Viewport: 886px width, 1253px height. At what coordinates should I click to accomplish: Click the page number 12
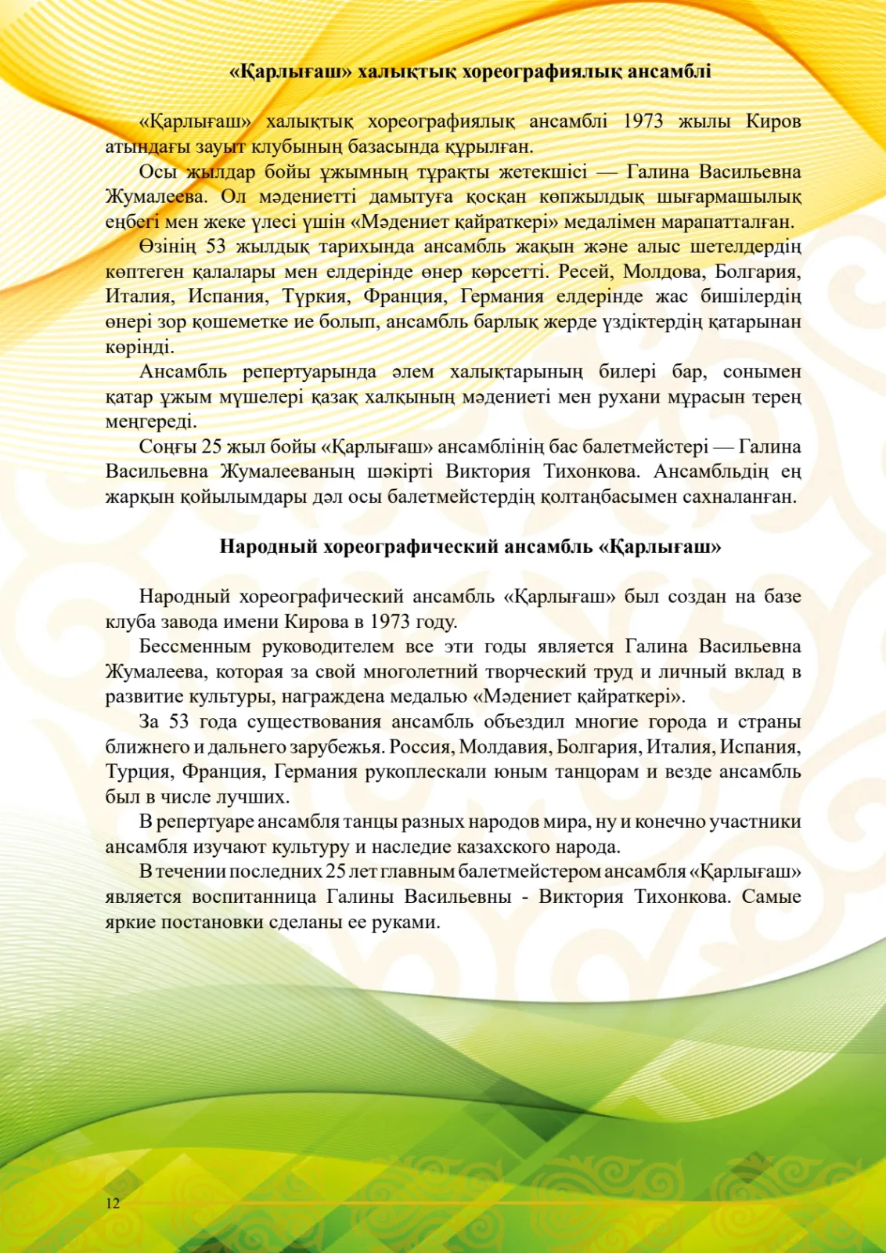113,1203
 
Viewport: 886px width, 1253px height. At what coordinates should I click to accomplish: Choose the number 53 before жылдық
215,247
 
